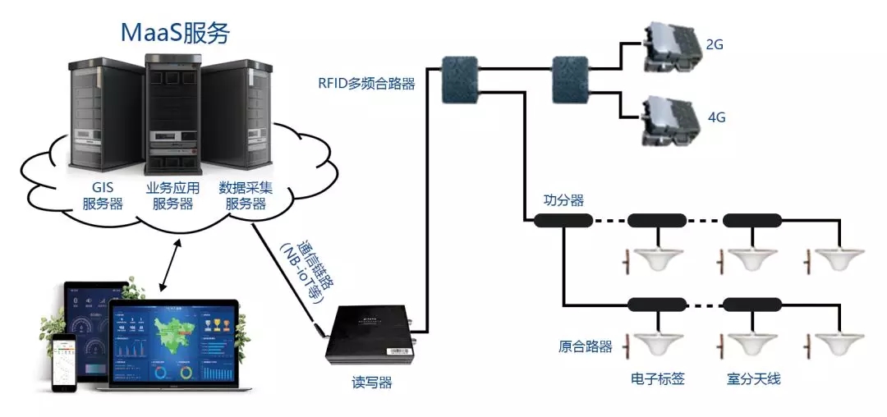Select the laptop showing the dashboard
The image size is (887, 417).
point(177,345)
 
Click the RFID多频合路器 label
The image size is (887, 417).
point(366,83)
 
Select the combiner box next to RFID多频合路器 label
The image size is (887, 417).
point(458,80)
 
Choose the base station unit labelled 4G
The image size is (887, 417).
point(667,118)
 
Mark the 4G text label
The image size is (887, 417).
point(716,117)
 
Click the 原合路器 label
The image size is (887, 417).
point(580,346)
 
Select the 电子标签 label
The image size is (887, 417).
point(657,378)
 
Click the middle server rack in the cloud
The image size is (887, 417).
point(174,107)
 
